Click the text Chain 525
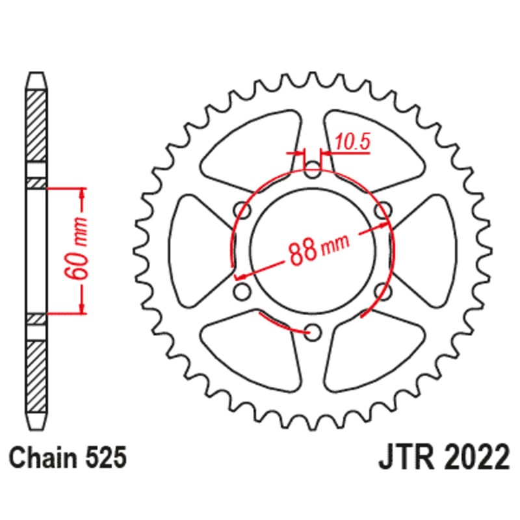[x=68, y=458]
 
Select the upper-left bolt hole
[x=244, y=211]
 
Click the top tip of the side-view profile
[x=36, y=75]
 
